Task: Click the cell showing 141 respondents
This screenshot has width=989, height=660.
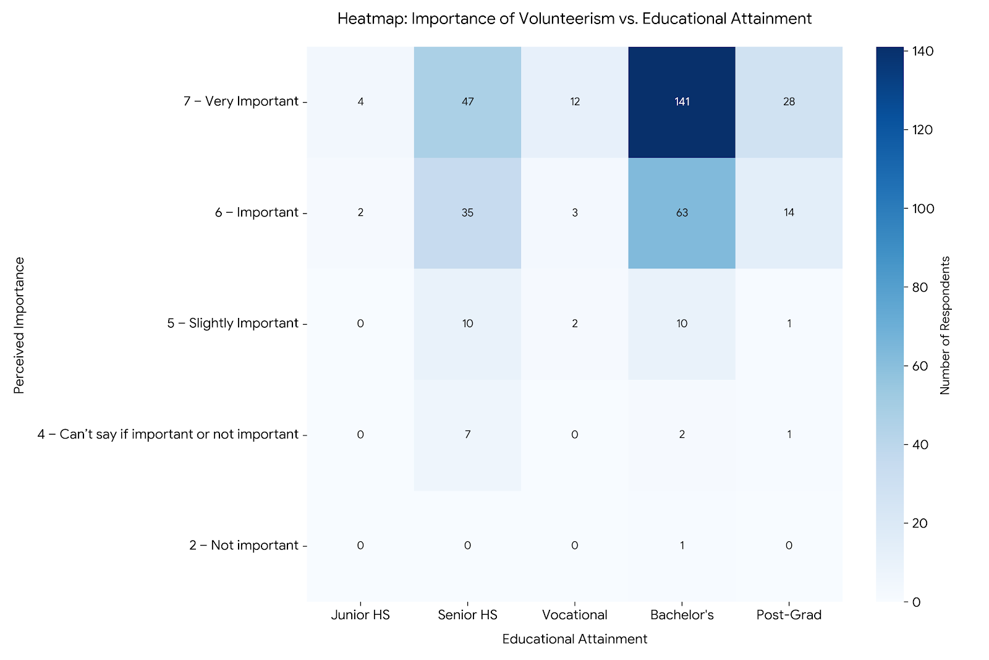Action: (x=682, y=101)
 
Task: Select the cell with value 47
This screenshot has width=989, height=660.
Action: (x=467, y=101)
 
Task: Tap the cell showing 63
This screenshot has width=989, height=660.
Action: (x=682, y=213)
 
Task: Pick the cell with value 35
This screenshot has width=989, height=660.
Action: (x=467, y=213)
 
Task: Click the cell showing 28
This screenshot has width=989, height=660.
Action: (x=789, y=101)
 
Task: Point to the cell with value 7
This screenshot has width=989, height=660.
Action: (x=467, y=434)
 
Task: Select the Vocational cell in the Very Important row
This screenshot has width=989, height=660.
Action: (x=575, y=101)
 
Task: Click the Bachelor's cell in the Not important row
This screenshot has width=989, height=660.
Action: (x=682, y=546)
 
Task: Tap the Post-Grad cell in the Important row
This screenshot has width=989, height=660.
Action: (x=789, y=213)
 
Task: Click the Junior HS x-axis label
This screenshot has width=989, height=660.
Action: (x=360, y=615)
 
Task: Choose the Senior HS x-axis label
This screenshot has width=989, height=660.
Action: (x=467, y=615)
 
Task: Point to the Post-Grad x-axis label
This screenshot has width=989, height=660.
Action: (x=789, y=615)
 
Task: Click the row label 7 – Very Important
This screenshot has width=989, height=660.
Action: (x=241, y=101)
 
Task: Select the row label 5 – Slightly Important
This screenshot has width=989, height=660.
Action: (x=233, y=324)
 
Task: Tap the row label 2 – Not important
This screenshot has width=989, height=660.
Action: (x=244, y=546)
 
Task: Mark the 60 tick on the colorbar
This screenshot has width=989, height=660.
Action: (x=920, y=366)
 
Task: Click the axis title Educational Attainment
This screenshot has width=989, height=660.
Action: (x=575, y=639)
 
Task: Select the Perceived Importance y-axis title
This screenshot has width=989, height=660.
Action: (x=19, y=325)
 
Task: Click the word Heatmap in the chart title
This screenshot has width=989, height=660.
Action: (x=371, y=19)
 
